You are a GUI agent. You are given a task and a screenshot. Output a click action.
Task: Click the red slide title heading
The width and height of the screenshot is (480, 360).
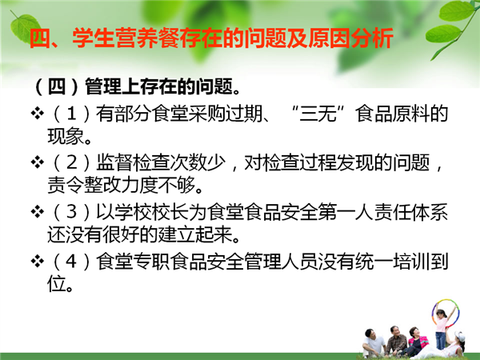[x=211, y=38]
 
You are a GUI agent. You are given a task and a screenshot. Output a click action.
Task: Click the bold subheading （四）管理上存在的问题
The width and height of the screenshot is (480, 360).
[x=137, y=87]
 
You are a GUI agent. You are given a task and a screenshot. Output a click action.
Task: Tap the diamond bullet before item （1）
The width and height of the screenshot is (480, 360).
[x=38, y=114]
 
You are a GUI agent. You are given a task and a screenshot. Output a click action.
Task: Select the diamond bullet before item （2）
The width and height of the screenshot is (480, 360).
[x=38, y=162]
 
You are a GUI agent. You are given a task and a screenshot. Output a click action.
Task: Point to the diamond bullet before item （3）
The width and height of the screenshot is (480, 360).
[x=38, y=212]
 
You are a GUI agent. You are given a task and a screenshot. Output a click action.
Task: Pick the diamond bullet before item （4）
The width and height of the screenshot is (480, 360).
[x=38, y=261]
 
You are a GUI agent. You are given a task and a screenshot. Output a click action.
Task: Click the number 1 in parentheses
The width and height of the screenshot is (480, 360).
[x=72, y=114]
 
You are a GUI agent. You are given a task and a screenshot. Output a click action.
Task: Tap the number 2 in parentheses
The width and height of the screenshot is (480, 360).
[x=72, y=162]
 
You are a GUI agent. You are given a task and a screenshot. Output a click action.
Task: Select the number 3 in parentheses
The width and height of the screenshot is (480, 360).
[x=72, y=212]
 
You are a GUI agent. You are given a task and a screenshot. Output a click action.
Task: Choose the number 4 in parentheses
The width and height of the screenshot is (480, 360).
[x=72, y=262]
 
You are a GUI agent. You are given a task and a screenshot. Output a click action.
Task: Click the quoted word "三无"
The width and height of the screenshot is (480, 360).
[x=318, y=114]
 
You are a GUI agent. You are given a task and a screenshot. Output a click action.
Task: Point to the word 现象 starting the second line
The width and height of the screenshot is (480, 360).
[x=66, y=136]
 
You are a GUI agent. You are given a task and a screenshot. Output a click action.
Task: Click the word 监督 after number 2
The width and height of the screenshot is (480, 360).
[x=114, y=162]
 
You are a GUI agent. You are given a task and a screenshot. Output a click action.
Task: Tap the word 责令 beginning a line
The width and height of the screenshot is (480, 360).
[x=66, y=185]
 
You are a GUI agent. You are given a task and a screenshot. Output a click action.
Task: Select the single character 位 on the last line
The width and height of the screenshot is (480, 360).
[x=57, y=284]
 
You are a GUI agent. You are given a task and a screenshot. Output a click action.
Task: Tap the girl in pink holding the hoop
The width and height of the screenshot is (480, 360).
[x=442, y=328]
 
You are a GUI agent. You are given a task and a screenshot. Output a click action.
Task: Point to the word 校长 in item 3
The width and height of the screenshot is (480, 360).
[x=170, y=212]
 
